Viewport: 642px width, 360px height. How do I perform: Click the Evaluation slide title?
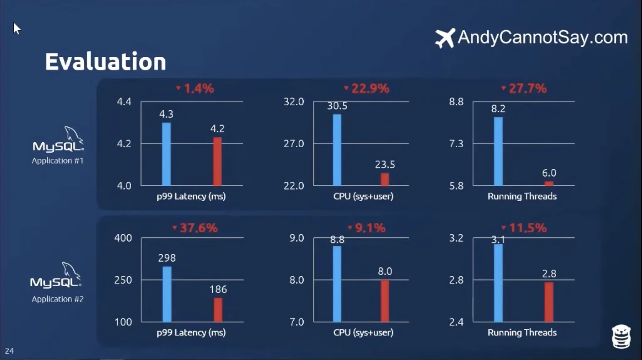[105, 62]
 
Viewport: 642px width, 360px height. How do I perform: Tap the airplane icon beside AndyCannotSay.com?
[445, 38]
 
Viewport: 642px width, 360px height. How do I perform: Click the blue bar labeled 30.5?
[337, 150]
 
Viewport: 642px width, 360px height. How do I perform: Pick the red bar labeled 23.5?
[385, 179]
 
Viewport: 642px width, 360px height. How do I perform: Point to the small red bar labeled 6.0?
[549, 183]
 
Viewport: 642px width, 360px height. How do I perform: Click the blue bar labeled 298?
[167, 294]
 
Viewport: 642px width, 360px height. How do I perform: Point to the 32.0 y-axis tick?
[294, 102]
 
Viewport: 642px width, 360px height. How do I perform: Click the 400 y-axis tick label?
[123, 238]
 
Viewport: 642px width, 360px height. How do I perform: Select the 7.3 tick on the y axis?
[456, 144]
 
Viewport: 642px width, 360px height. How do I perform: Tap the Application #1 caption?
[58, 161]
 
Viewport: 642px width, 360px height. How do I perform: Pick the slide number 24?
[9, 351]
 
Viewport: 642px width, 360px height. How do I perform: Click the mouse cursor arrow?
[16, 28]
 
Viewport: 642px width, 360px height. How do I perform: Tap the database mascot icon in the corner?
[621, 336]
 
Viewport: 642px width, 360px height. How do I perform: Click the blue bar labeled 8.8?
[337, 284]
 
